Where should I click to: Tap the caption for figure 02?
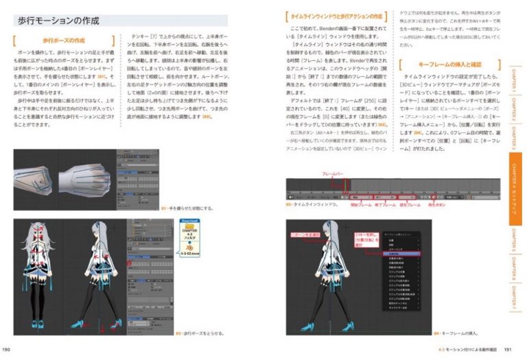(202, 334)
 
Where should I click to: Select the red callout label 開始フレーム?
(362, 204)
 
